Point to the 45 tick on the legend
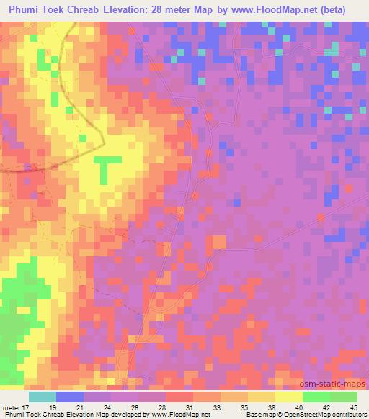tap(354, 407)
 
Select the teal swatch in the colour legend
tap(42, 397)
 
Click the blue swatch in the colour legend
tap(69, 397)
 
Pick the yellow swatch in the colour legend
tap(288, 397)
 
